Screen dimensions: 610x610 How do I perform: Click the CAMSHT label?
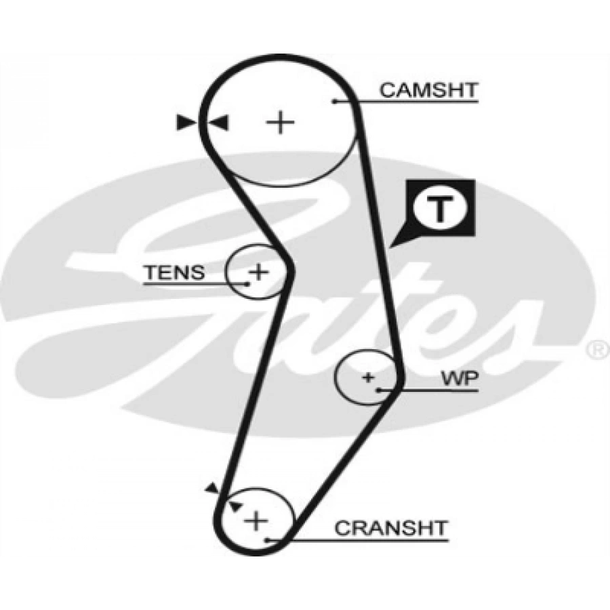click(428, 90)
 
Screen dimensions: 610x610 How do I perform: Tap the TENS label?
click(174, 272)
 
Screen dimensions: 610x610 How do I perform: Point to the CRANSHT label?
click(391, 528)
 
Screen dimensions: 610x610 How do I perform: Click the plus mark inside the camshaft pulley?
click(279, 123)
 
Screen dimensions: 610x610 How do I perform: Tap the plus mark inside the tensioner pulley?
click(258, 272)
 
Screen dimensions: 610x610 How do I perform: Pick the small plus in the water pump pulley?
click(368, 377)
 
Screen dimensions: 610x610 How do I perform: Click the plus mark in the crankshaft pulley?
click(256, 521)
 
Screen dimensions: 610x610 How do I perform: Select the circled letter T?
click(440, 210)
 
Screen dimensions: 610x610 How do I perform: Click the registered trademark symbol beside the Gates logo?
click(596, 350)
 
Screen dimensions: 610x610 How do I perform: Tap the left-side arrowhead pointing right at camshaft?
click(185, 123)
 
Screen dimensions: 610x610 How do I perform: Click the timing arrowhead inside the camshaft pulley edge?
click(220, 123)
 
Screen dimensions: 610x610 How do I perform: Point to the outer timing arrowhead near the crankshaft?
click(212, 487)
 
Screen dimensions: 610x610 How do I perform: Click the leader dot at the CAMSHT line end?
click(335, 102)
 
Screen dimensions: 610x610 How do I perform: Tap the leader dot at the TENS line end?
click(248, 283)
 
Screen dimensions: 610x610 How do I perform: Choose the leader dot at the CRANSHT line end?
click(268, 540)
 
